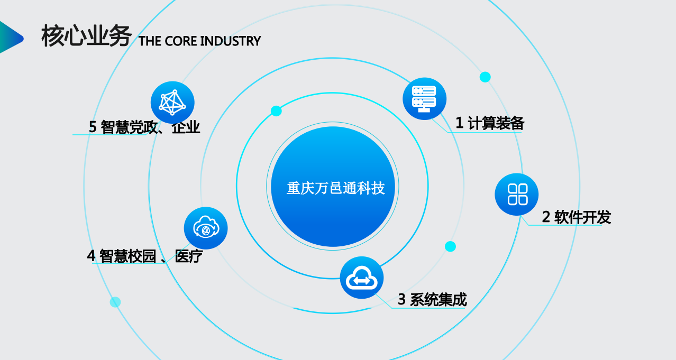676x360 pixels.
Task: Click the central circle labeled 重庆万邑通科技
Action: tap(333, 187)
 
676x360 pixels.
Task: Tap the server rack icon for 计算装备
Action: tap(424, 99)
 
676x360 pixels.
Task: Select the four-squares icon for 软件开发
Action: tap(517, 194)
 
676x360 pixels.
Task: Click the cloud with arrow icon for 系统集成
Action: tap(362, 278)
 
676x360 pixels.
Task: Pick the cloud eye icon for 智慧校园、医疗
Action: tap(206, 228)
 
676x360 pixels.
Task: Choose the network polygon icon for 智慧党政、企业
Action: tap(172, 103)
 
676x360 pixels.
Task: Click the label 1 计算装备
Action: tap(490, 123)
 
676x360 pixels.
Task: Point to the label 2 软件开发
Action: tap(577, 217)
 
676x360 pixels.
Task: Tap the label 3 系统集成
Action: tap(432, 299)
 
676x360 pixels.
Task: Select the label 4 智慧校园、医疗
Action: tap(145, 256)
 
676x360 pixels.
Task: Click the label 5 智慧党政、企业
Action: tap(144, 127)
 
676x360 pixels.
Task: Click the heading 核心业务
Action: tap(86, 36)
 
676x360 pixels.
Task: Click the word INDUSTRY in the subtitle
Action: tap(230, 41)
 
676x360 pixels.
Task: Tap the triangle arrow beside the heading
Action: tap(12, 38)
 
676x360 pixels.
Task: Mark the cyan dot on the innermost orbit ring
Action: tap(276, 111)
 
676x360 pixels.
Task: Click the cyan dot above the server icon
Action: tap(485, 77)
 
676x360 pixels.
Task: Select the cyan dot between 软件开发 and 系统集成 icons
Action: tap(450, 246)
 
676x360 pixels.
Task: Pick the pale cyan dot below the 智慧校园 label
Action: tap(115, 302)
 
